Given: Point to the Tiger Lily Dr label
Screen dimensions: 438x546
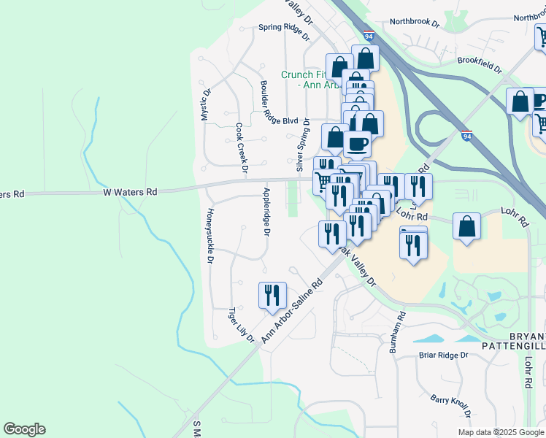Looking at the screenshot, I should click(241, 324).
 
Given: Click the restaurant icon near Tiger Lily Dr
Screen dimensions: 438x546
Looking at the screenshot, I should click(272, 295).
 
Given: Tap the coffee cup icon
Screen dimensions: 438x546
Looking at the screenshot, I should click(357, 143).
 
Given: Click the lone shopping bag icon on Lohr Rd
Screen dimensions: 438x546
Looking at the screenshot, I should click(466, 226).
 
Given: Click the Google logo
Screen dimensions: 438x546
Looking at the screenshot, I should click(24, 429).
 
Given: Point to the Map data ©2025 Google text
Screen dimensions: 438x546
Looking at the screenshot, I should click(500, 432).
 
